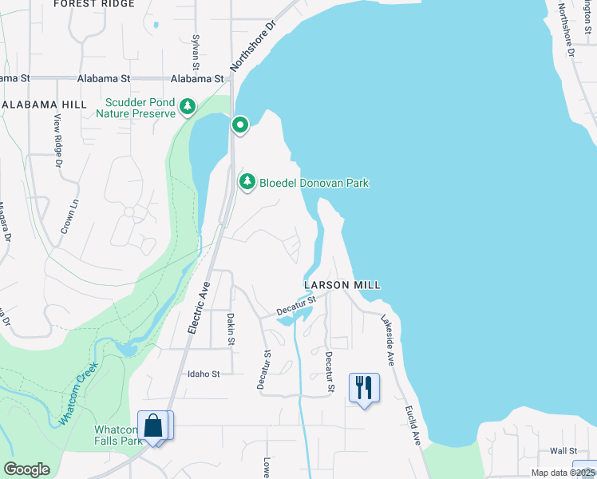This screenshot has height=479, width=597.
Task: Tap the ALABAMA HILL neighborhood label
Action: [x=44, y=105]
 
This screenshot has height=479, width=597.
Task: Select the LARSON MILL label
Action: [x=342, y=285]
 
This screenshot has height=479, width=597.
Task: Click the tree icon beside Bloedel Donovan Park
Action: [x=247, y=183]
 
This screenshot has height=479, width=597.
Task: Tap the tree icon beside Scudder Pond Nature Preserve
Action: [x=188, y=106]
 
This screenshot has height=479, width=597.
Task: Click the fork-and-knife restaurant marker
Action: [x=364, y=389]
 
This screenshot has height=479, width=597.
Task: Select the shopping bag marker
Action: [x=154, y=426]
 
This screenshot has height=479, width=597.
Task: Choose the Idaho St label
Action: [x=203, y=373]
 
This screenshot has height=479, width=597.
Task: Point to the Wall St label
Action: [x=562, y=451]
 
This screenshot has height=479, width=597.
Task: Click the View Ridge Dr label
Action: [x=57, y=141]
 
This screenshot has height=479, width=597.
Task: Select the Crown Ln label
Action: [x=70, y=216]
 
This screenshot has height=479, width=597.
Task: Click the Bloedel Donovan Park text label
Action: [x=314, y=183]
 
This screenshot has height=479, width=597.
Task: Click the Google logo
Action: [x=26, y=469]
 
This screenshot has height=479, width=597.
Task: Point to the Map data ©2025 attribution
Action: [x=563, y=473]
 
